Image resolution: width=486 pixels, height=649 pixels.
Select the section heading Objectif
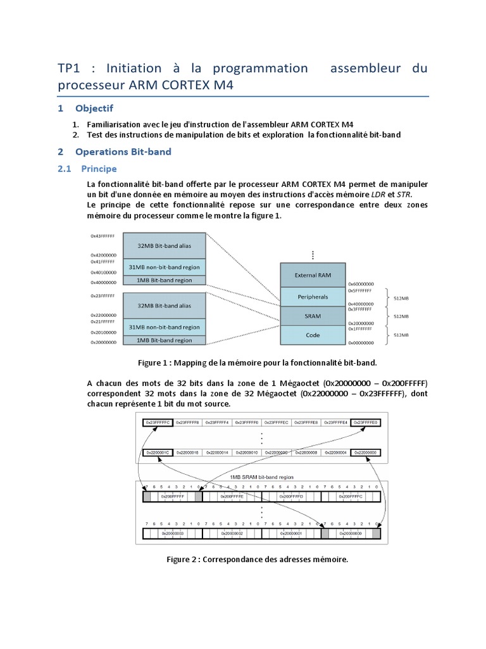pyautogui.click(x=94, y=108)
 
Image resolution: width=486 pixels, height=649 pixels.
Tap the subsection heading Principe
pyautogui.click(x=99, y=169)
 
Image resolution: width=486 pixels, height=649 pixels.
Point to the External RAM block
pyautogui.click(x=313, y=275)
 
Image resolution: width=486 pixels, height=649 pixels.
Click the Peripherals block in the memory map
pyautogui.click(x=313, y=297)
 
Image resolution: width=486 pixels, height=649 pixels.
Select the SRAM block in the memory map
pyautogui.click(x=313, y=316)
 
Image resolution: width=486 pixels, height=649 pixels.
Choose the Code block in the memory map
pyautogui.click(x=313, y=335)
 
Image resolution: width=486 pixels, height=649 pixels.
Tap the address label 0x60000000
pyautogui.click(x=361, y=284)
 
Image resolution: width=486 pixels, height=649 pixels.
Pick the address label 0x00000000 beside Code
pyautogui.click(x=361, y=342)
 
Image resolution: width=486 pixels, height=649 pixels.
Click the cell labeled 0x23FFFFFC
pyautogui.click(x=157, y=421)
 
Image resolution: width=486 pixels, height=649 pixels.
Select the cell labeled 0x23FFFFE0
pyautogui.click(x=366, y=421)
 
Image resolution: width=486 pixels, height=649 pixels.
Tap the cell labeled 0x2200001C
pyautogui.click(x=157, y=453)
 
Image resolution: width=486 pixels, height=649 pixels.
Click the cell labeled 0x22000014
pyautogui.click(x=216, y=453)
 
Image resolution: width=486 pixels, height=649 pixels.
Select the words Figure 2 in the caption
pyautogui.click(x=183, y=559)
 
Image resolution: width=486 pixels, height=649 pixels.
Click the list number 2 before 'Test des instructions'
pyautogui.click(x=75, y=135)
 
